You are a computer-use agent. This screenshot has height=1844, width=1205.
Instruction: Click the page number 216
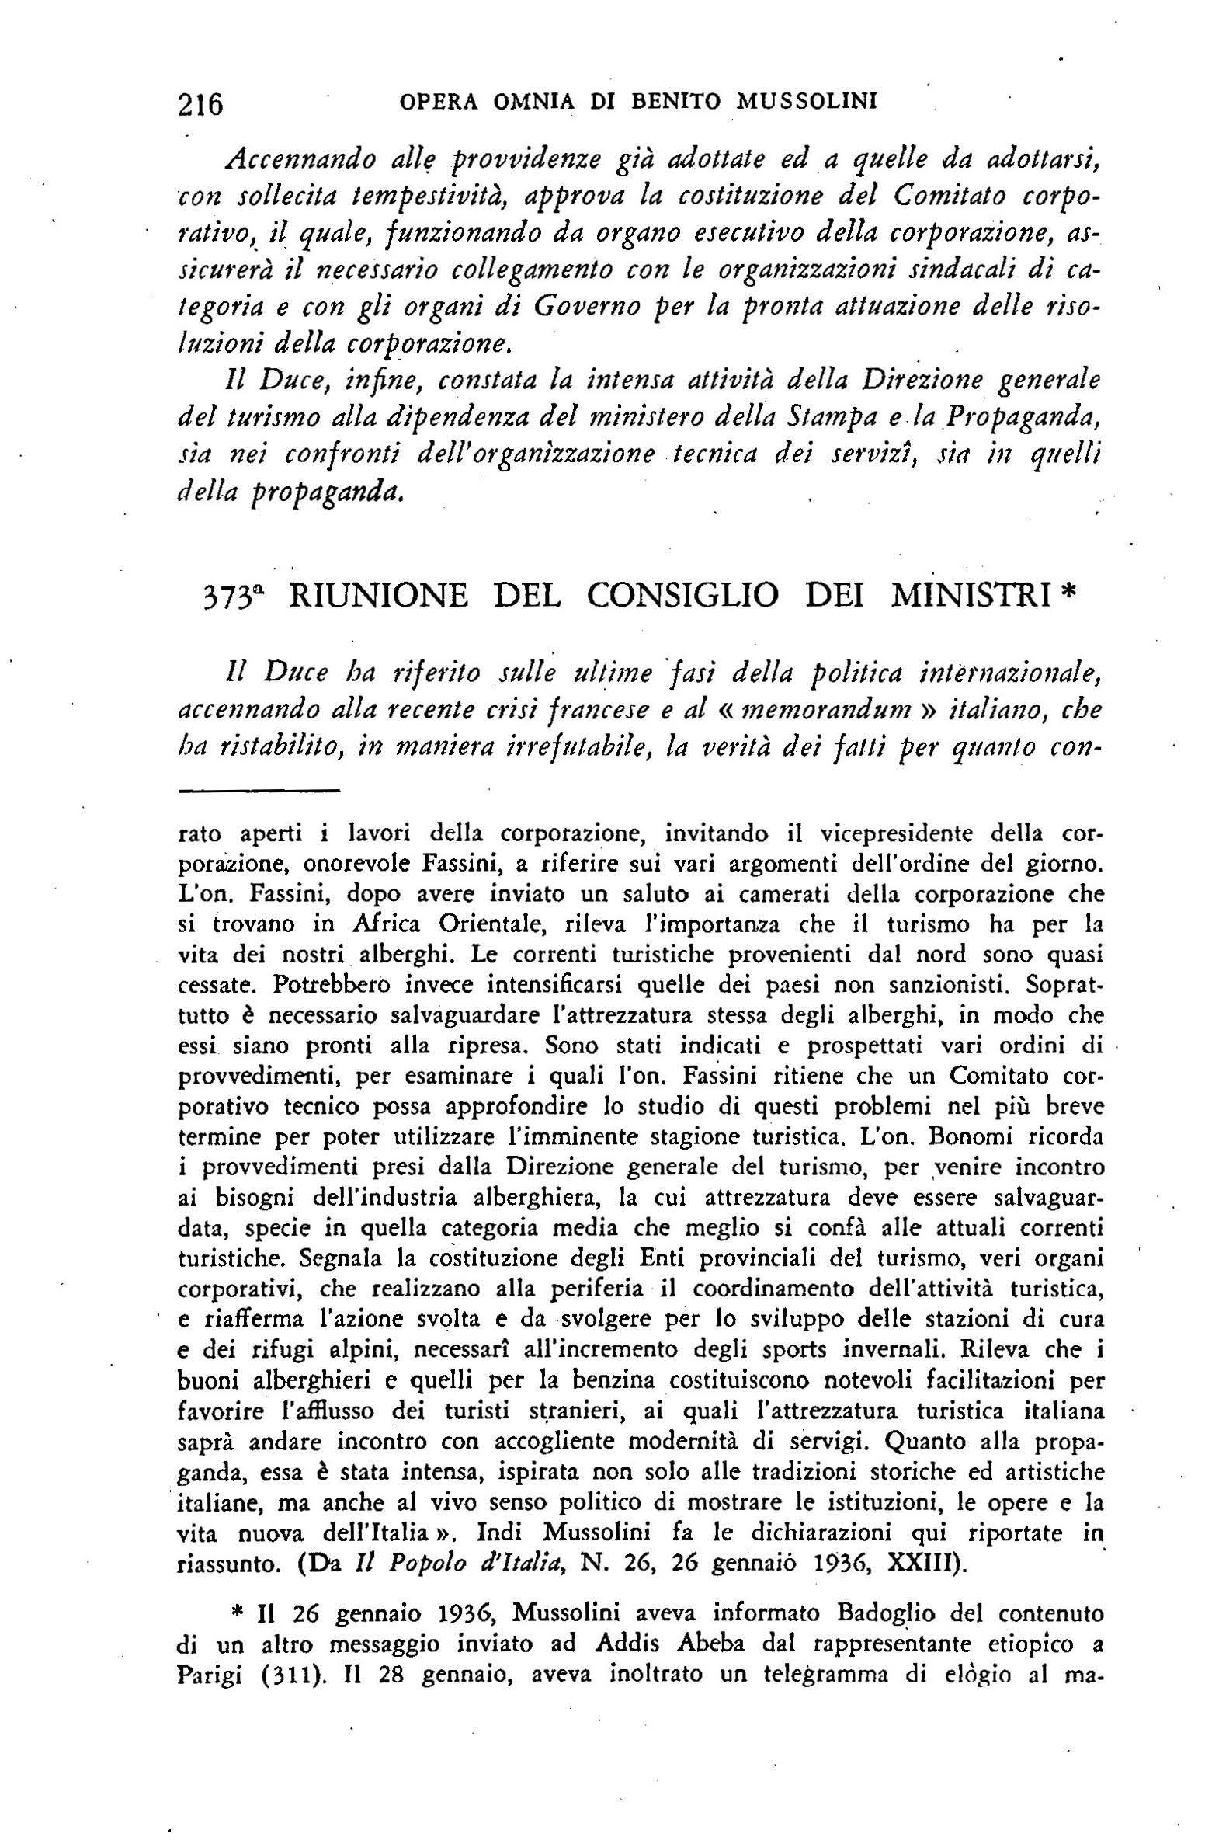pyautogui.click(x=200, y=103)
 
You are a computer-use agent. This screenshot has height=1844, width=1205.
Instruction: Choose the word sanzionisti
pyautogui.click(x=939, y=986)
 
